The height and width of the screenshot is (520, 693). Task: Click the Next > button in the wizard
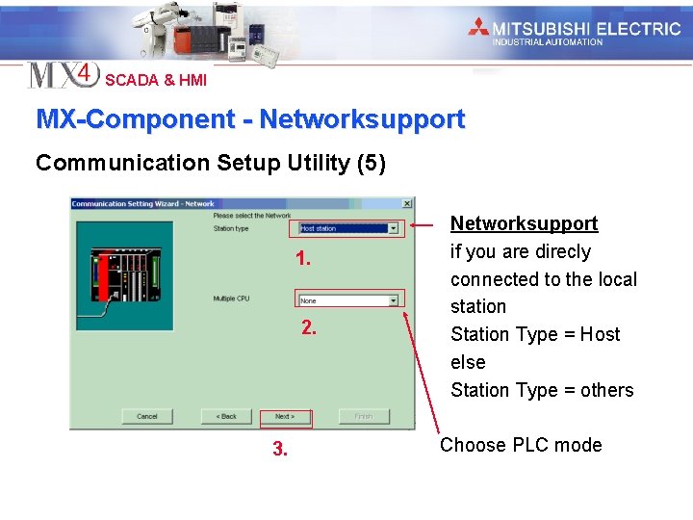click(285, 417)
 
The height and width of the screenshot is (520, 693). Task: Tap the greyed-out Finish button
click(363, 417)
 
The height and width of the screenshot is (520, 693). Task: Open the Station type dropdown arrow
click(393, 228)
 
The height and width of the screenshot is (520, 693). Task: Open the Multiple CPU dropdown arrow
click(393, 300)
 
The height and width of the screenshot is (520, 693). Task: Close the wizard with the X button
click(407, 203)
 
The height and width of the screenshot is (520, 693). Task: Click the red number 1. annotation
click(303, 259)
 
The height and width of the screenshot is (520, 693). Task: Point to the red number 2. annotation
click(308, 327)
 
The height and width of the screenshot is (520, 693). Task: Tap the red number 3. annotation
click(279, 449)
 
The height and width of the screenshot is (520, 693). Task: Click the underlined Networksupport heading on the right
click(524, 223)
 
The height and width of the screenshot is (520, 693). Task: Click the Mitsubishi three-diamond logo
click(478, 28)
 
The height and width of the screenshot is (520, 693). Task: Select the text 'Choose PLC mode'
click(521, 445)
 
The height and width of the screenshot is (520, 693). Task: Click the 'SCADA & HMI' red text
click(156, 80)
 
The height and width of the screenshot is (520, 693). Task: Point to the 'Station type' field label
click(231, 228)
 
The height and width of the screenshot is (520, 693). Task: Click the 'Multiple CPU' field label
click(231, 299)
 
